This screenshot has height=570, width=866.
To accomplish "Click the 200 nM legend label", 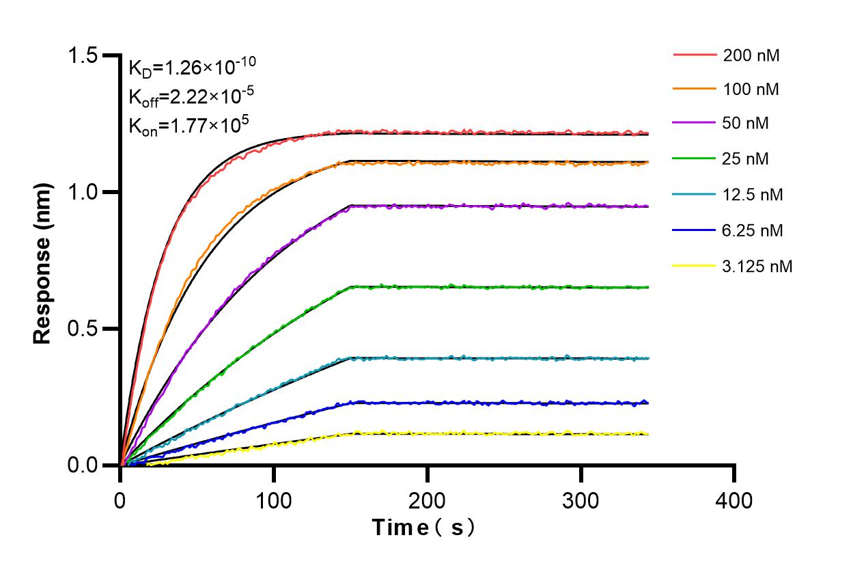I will pos(751,55).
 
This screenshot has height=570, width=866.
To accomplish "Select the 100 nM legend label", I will pos(751,89).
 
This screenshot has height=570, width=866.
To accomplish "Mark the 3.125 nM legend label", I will pos(758,266).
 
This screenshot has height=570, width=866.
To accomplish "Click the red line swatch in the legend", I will pos(695,54).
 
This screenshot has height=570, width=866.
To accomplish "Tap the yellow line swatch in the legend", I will pos(695,265).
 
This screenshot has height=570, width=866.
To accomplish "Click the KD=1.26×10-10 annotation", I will pos(192,67).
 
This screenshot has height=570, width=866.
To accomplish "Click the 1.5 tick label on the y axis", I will pos(84,55).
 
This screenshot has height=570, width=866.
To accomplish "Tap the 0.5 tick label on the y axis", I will pos(84,329).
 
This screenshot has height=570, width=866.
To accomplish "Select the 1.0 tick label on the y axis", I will pos(84,192).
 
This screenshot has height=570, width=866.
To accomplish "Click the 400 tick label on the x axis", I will pos(734,500).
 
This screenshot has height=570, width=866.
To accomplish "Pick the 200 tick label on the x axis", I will pos(428,500).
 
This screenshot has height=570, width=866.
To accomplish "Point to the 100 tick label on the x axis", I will pos(274,500).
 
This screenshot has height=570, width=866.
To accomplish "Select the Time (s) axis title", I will pos(423,528).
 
